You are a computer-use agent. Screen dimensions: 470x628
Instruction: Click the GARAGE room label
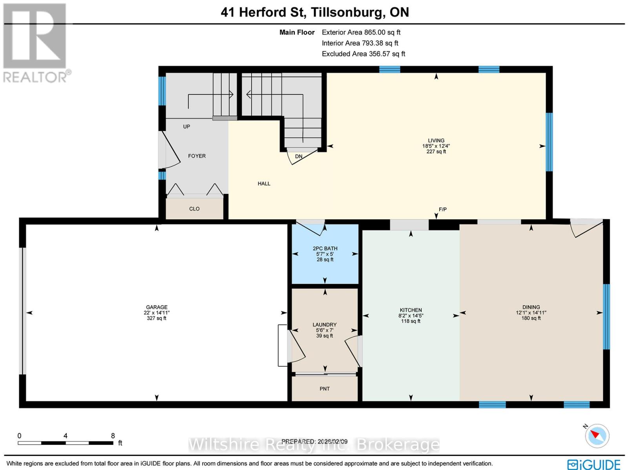click(157, 307)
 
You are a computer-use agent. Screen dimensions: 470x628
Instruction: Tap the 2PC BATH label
click(325, 248)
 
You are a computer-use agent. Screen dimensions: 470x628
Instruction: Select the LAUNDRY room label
click(325, 324)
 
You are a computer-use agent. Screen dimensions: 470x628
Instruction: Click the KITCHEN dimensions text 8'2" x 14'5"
click(411, 315)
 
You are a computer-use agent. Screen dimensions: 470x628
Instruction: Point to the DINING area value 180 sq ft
click(531, 318)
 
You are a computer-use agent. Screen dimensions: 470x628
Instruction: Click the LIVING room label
click(436, 140)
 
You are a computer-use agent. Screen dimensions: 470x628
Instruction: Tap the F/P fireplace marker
click(442, 209)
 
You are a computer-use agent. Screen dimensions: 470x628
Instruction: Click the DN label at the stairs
click(299, 156)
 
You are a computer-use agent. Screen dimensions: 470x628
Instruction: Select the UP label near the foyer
click(186, 126)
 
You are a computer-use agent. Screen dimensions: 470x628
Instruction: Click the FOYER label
click(197, 156)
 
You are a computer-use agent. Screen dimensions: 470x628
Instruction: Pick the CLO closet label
click(194, 209)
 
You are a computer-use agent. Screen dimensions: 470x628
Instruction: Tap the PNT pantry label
click(325, 389)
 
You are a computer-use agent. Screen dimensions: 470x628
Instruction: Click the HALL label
click(264, 184)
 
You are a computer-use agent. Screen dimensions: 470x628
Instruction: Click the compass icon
click(597, 436)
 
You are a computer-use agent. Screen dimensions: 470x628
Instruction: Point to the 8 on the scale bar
click(113, 435)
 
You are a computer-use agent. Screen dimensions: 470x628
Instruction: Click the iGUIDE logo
click(594, 465)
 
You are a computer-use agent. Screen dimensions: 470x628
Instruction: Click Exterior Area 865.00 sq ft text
click(361, 33)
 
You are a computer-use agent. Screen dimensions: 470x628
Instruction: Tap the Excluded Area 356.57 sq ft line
click(363, 54)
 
